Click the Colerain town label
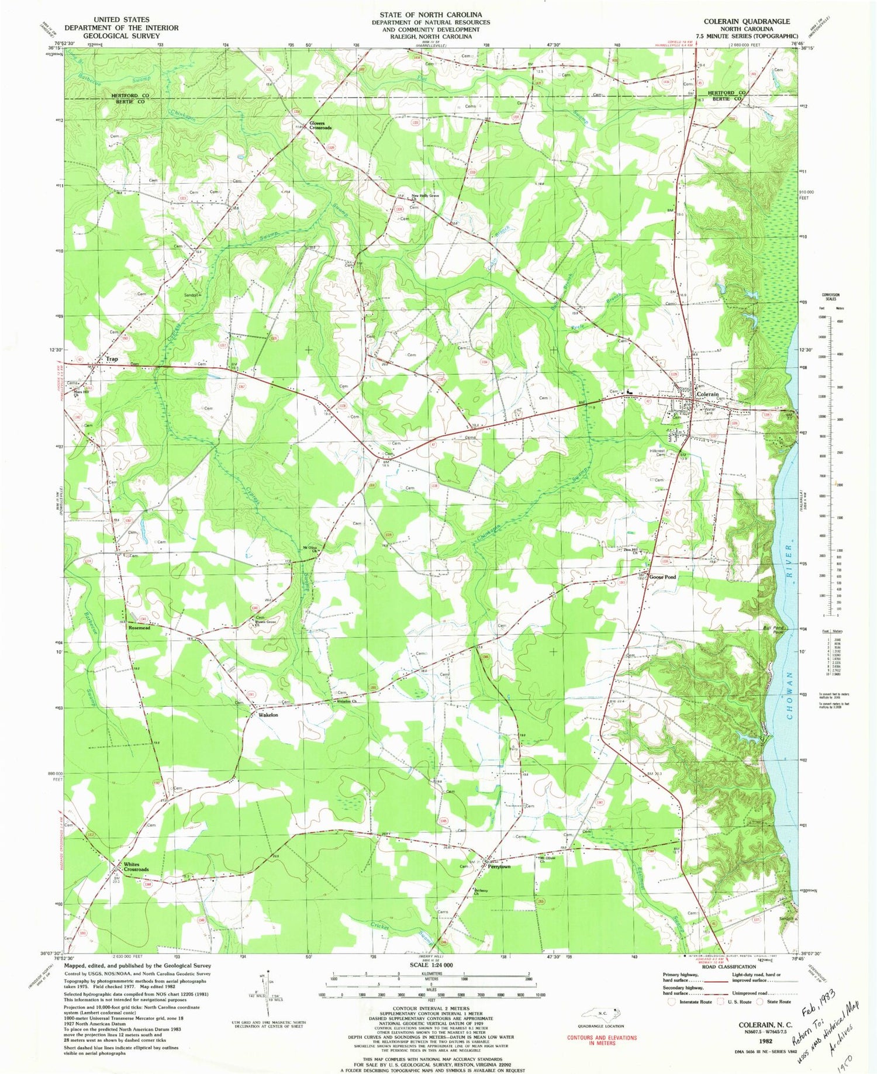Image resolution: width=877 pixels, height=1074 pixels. (707, 395)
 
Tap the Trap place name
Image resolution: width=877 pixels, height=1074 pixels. (111, 359)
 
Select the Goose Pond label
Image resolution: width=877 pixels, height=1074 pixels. (662, 577)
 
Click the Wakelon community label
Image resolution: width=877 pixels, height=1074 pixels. (265, 715)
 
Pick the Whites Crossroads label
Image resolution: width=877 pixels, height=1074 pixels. (136, 866)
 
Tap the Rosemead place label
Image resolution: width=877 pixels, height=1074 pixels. (139, 628)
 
